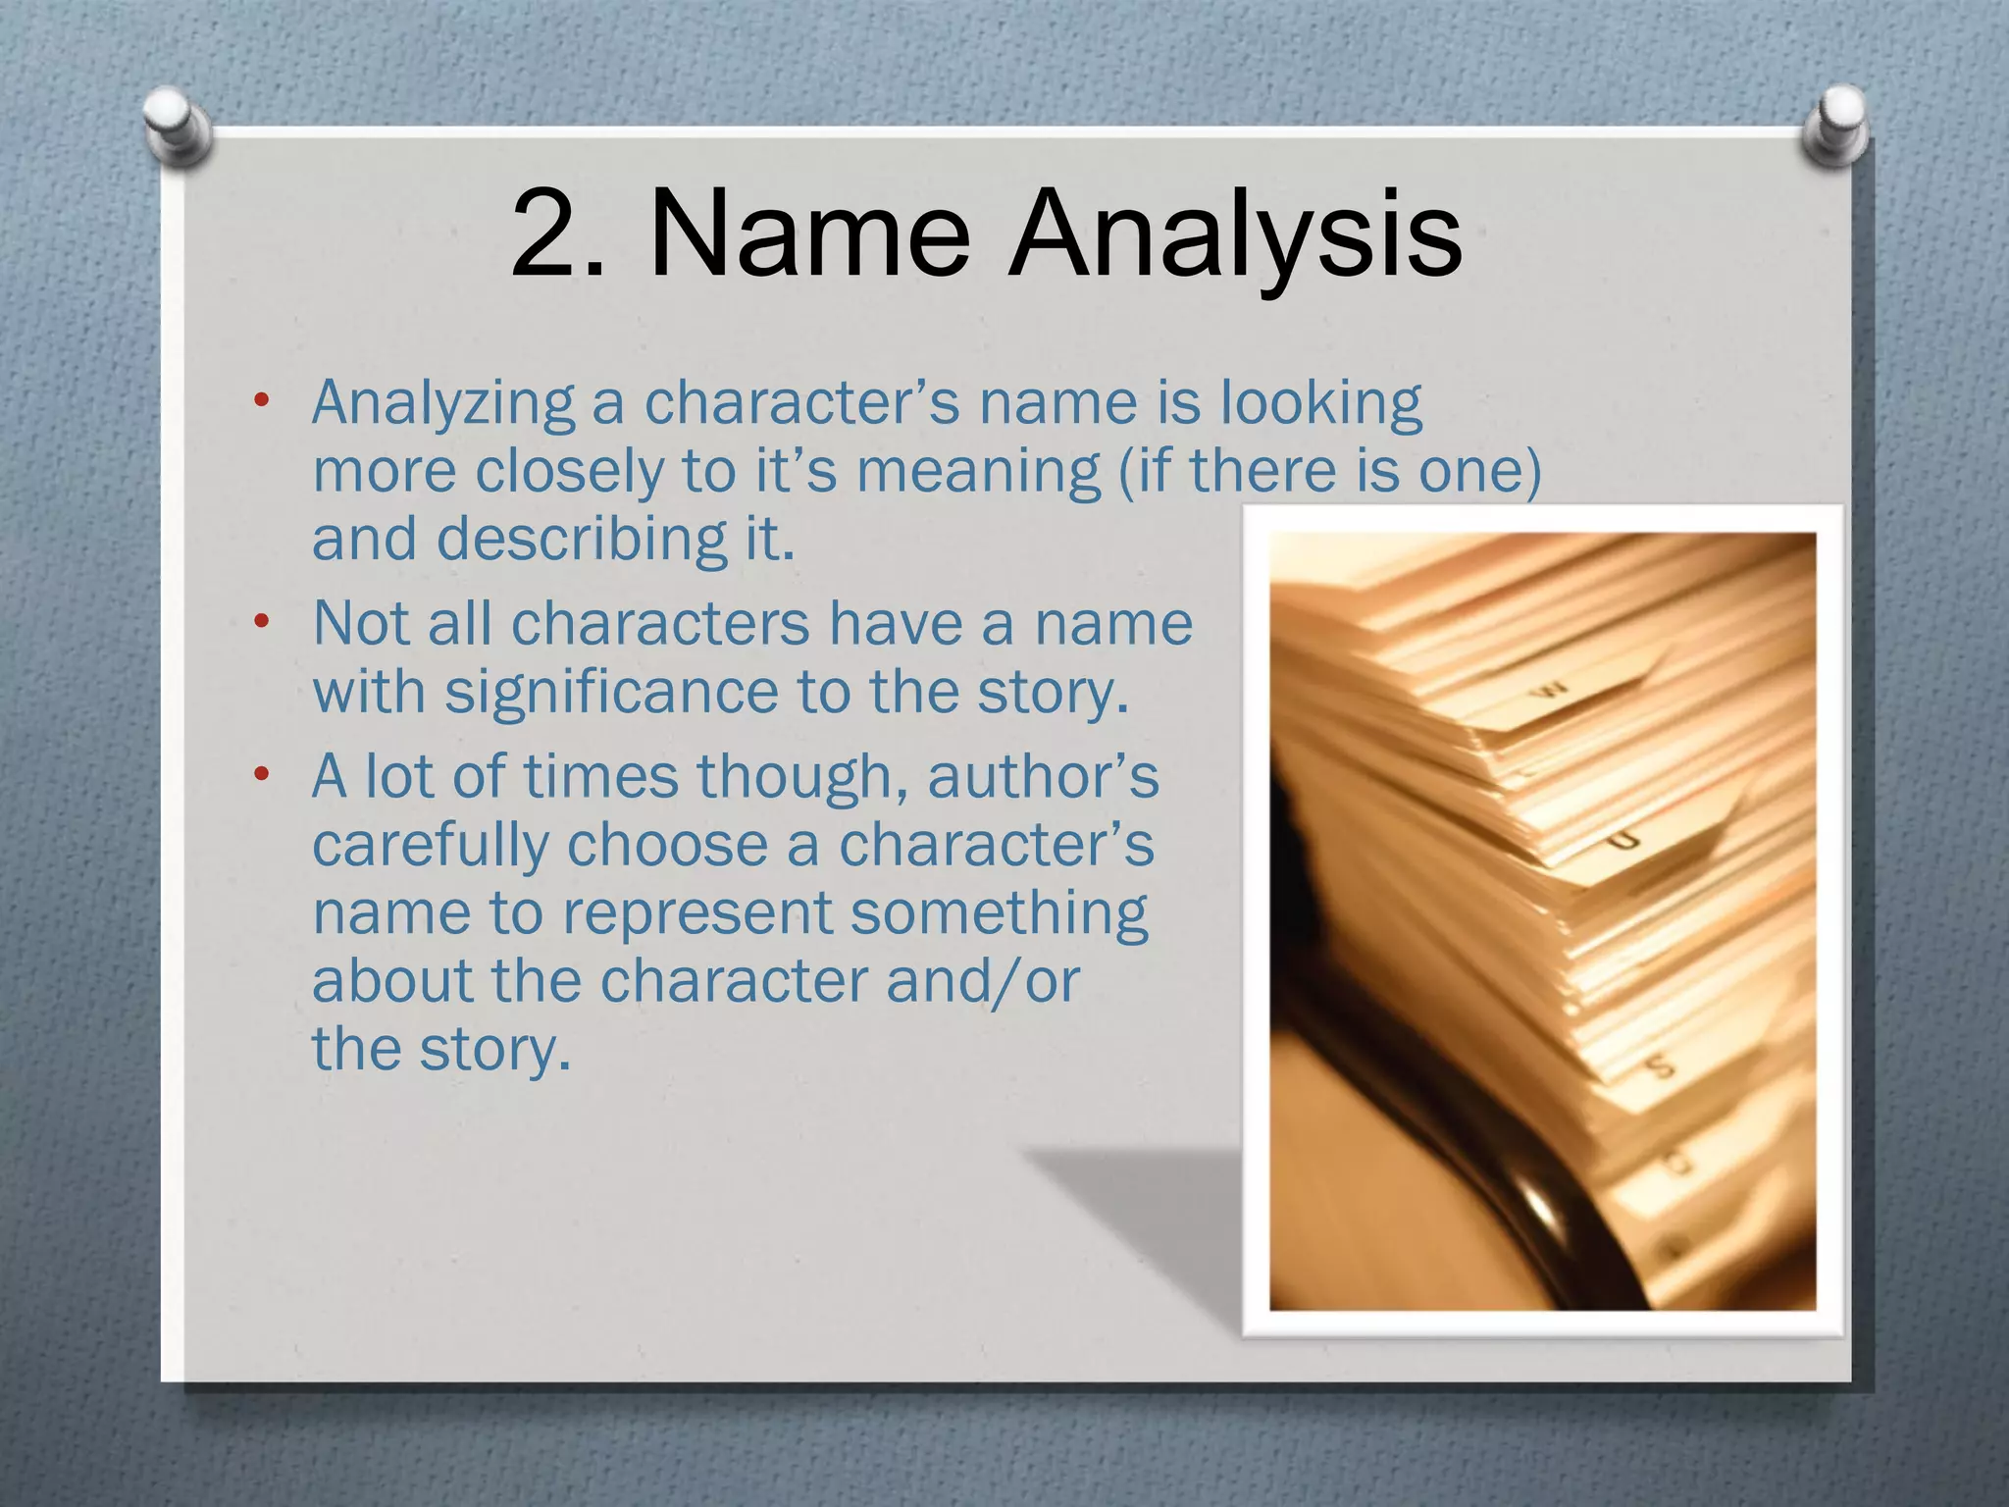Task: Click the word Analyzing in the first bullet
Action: [443, 404]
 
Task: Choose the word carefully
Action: [430, 845]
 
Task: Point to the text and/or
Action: [982, 980]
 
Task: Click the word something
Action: [998, 913]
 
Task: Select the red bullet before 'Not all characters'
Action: [260, 622]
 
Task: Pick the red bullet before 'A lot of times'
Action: [260, 775]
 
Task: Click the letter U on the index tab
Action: [1625, 841]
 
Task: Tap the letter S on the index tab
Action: [1660, 1065]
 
